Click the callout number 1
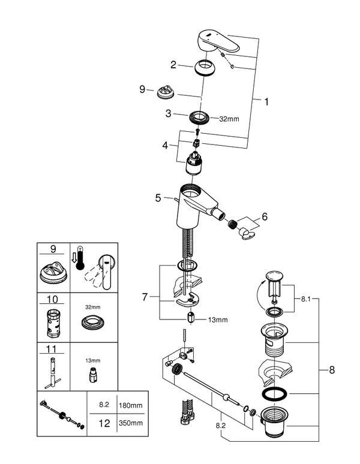(266, 103)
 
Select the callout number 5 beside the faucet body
(158, 197)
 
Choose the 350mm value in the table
(131, 423)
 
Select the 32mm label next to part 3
(228, 119)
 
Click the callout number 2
(173, 64)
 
